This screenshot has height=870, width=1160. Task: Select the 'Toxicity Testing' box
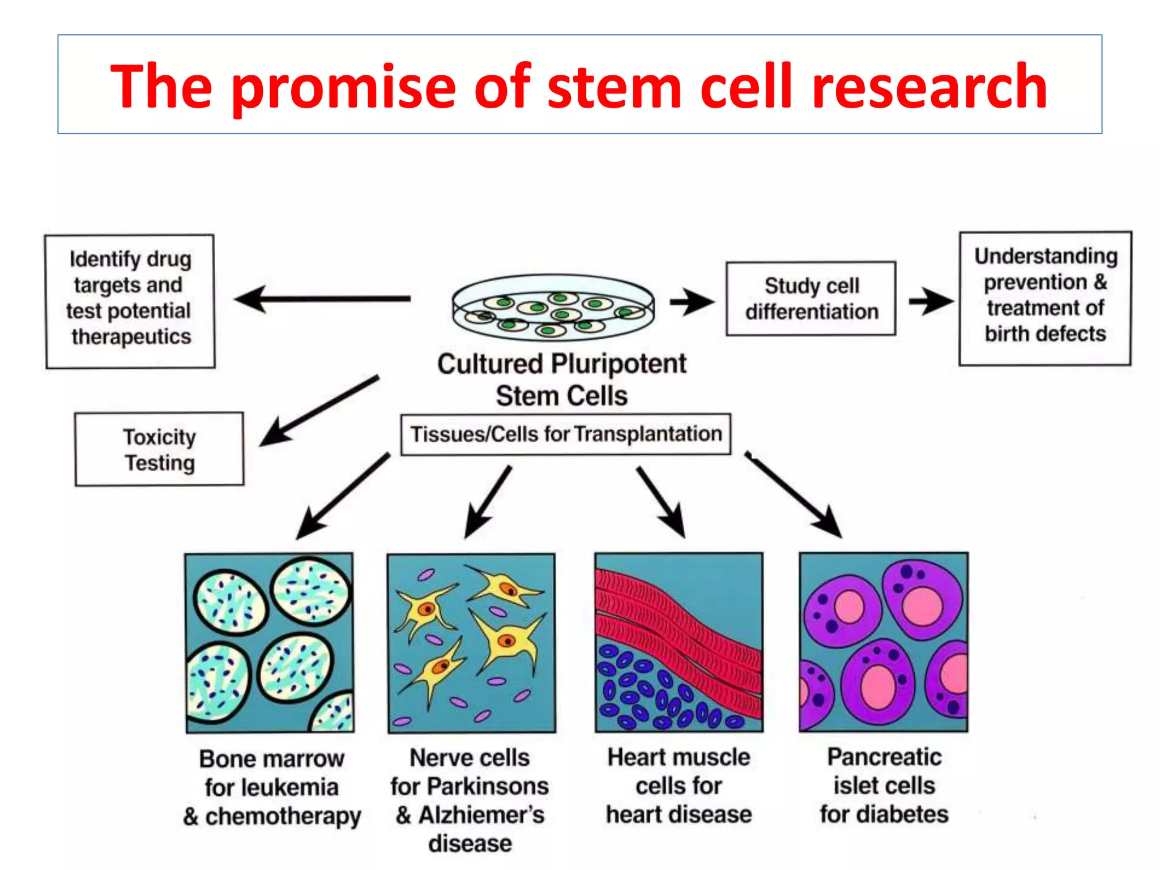[159, 449]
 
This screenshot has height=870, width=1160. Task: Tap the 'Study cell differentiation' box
[811, 298]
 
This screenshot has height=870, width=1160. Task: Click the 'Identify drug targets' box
[130, 301]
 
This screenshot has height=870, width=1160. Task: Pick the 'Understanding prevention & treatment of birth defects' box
[1045, 298]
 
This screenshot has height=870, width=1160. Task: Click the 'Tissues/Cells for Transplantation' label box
[565, 434]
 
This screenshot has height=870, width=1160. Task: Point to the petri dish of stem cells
[553, 308]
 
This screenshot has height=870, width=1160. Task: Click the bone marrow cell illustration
[270, 643]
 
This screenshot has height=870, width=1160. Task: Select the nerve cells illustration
[471, 643]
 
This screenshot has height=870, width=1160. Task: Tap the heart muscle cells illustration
[679, 643]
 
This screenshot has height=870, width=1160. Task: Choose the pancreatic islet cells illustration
[884, 643]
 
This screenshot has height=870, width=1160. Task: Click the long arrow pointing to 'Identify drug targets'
[323, 298]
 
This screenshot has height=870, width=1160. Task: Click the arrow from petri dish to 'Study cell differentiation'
[692, 301]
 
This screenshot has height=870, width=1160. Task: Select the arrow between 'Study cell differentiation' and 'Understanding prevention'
[931, 301]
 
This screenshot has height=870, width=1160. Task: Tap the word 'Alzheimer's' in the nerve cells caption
[481, 815]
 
